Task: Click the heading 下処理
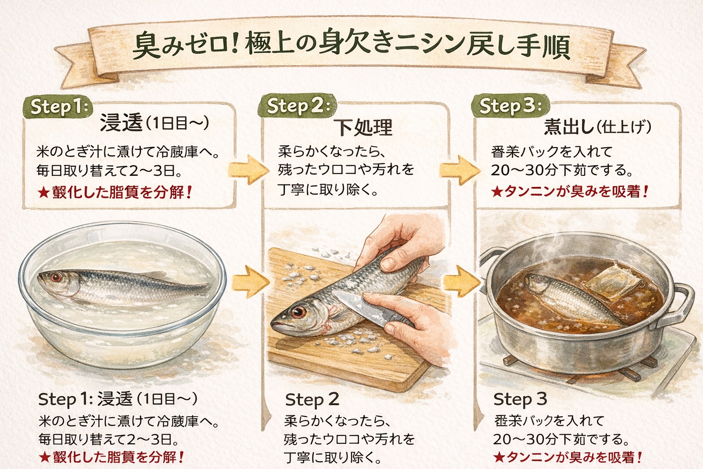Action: (362, 127)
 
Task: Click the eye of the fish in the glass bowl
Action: (56, 277)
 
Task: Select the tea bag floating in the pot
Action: (611, 278)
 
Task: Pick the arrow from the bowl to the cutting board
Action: (250, 279)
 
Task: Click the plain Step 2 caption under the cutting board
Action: (312, 399)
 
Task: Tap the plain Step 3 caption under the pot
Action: (520, 399)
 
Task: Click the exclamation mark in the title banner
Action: (236, 46)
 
